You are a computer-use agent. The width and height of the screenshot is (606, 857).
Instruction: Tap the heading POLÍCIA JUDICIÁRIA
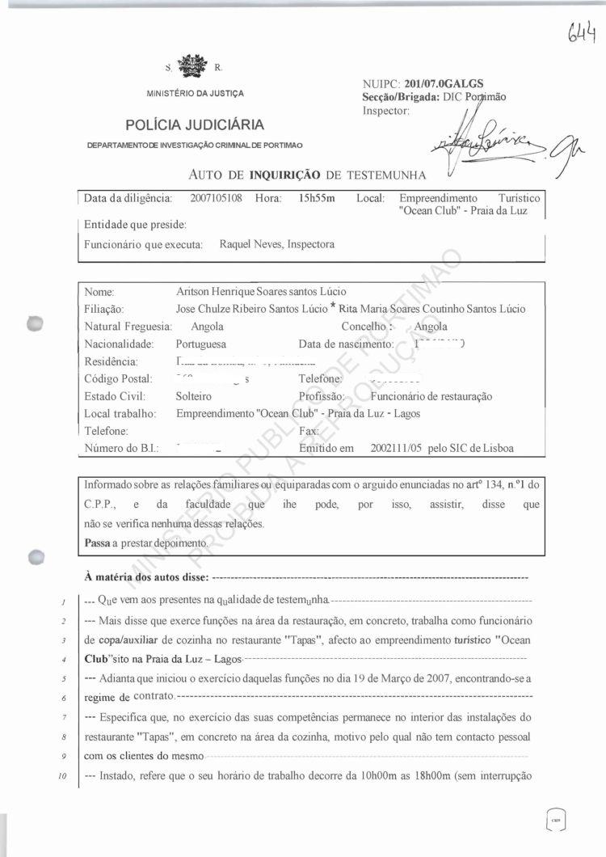pos(195,125)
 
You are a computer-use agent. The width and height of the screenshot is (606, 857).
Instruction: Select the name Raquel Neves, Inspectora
pos(276,244)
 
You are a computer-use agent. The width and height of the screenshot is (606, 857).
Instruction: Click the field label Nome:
pos(99,291)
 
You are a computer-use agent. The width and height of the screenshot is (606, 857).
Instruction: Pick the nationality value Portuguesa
pos(200,344)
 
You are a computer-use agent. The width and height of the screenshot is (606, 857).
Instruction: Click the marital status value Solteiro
pos(194,397)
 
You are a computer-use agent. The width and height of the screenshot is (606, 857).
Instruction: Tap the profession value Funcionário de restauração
pos(431,397)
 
